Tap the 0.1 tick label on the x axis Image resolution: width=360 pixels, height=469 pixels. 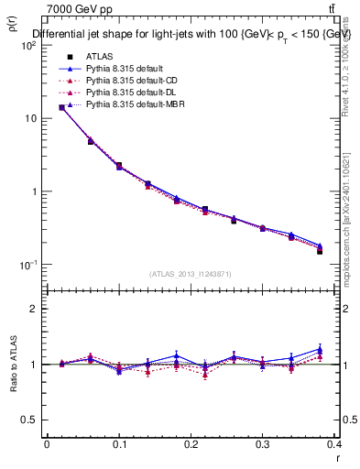[118, 443]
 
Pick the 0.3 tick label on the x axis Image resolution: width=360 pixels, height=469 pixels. [263, 443]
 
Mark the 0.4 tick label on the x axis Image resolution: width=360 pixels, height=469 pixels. [334, 443]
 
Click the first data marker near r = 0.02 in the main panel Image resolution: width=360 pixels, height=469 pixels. [61, 107]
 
